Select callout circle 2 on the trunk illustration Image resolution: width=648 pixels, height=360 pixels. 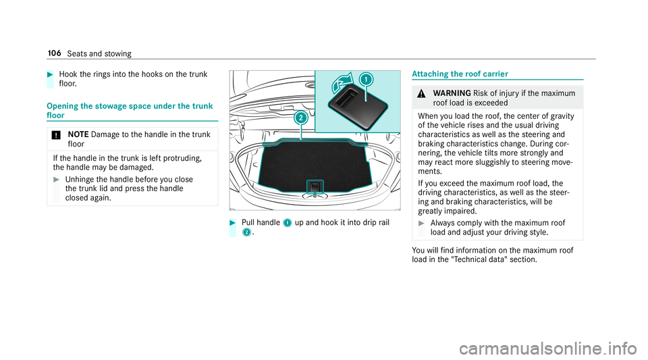click(301, 118)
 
